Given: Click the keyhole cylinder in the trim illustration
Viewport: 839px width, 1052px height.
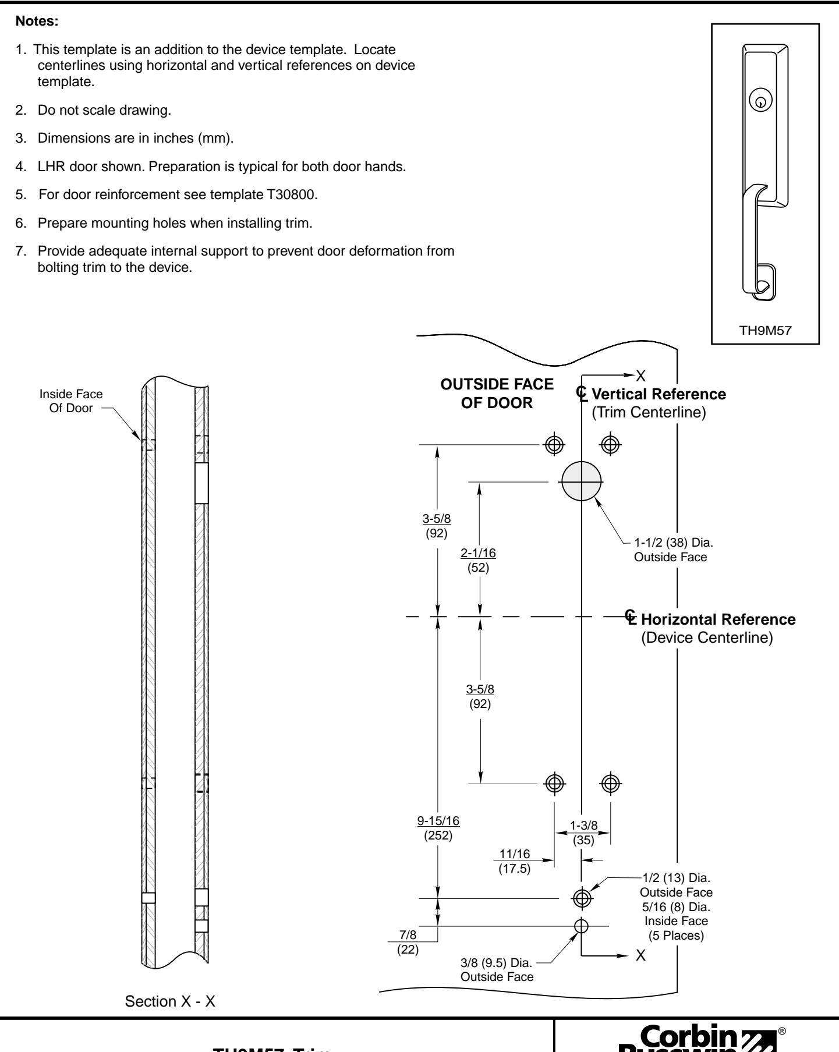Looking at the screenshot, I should pyautogui.click(x=760, y=102).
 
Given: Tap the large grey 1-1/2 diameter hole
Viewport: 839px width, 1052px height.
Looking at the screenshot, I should pyautogui.click(x=582, y=481).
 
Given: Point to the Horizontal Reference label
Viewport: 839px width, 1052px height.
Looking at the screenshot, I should pyautogui.click(x=718, y=619).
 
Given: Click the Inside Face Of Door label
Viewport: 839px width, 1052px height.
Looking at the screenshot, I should pyautogui.click(x=71, y=401).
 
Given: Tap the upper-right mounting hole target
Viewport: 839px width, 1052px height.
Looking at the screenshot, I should pyautogui.click(x=610, y=444).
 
